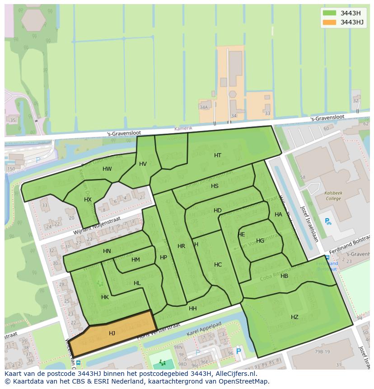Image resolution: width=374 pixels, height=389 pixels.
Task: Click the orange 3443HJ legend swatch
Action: click(x=330, y=22)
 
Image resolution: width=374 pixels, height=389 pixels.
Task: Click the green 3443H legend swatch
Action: click(x=330, y=13)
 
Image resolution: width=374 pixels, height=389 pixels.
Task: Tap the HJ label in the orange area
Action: click(x=112, y=333)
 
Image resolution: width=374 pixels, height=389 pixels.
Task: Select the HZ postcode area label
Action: click(x=295, y=317)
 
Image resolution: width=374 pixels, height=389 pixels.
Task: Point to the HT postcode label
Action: click(x=218, y=155)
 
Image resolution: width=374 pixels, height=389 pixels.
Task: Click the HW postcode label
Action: click(x=107, y=169)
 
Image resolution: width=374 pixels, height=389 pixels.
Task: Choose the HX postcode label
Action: click(x=88, y=200)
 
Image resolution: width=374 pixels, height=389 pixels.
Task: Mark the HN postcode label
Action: click(x=107, y=251)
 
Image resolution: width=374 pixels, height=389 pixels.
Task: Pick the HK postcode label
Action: click(x=105, y=297)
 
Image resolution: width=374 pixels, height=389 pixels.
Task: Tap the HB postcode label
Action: click(x=284, y=276)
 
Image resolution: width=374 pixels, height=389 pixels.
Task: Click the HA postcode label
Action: click(x=278, y=215)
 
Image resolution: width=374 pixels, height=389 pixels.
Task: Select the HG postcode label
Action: click(x=260, y=241)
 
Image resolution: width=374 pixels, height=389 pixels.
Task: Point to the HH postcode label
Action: click(x=193, y=309)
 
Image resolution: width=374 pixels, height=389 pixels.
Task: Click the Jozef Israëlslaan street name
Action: click(x=310, y=224)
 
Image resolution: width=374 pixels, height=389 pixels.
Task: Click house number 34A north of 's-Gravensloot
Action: click(x=204, y=107)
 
